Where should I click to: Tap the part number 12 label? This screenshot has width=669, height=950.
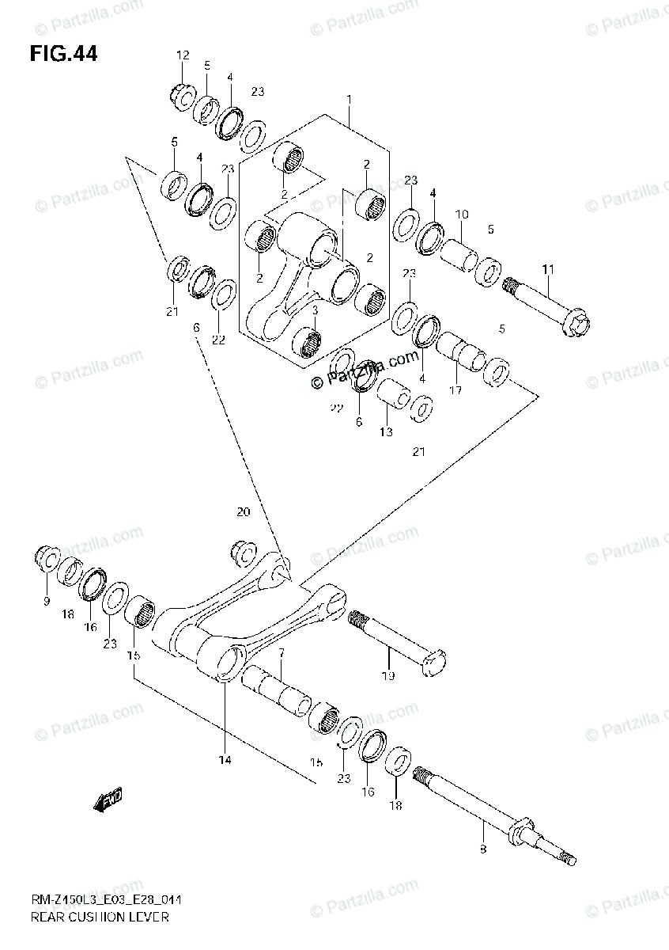tap(183, 55)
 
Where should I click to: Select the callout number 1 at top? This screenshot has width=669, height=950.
tap(348, 100)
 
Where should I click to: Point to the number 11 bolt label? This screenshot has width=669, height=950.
tap(548, 270)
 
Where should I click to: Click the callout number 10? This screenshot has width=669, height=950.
tap(463, 215)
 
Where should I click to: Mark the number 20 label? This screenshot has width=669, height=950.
tap(243, 512)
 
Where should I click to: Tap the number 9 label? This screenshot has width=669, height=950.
tap(47, 602)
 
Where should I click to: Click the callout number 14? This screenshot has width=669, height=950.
tap(225, 761)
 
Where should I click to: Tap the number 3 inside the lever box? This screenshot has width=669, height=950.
tap(314, 310)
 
